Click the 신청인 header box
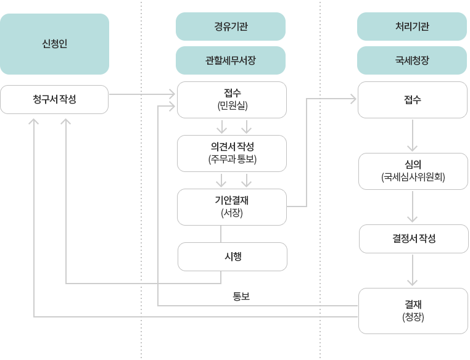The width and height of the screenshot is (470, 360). coord(55,44)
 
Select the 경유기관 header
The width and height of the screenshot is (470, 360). coord(230,27)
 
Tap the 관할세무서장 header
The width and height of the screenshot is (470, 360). coord(230,60)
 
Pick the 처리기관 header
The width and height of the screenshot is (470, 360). coord(411,27)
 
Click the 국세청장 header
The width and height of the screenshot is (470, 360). coord(411,60)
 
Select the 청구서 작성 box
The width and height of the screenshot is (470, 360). coord(55,100)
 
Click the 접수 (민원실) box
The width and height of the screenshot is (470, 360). coord(232,99)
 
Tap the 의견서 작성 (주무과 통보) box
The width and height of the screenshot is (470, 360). coord(232,153)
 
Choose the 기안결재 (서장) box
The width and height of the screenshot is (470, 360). coord(232,207)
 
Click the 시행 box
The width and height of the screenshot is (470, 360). coord(232,256)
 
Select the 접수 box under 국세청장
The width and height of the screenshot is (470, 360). coord(412,100)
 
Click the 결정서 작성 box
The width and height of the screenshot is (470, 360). coord(412,239)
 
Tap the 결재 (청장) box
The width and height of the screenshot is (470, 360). coord(412,311)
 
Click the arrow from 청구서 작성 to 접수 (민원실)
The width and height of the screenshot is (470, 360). coord(142,94)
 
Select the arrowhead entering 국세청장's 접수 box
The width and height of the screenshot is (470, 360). coord(353,98)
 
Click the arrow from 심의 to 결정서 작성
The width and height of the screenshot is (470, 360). coord(412,207)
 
